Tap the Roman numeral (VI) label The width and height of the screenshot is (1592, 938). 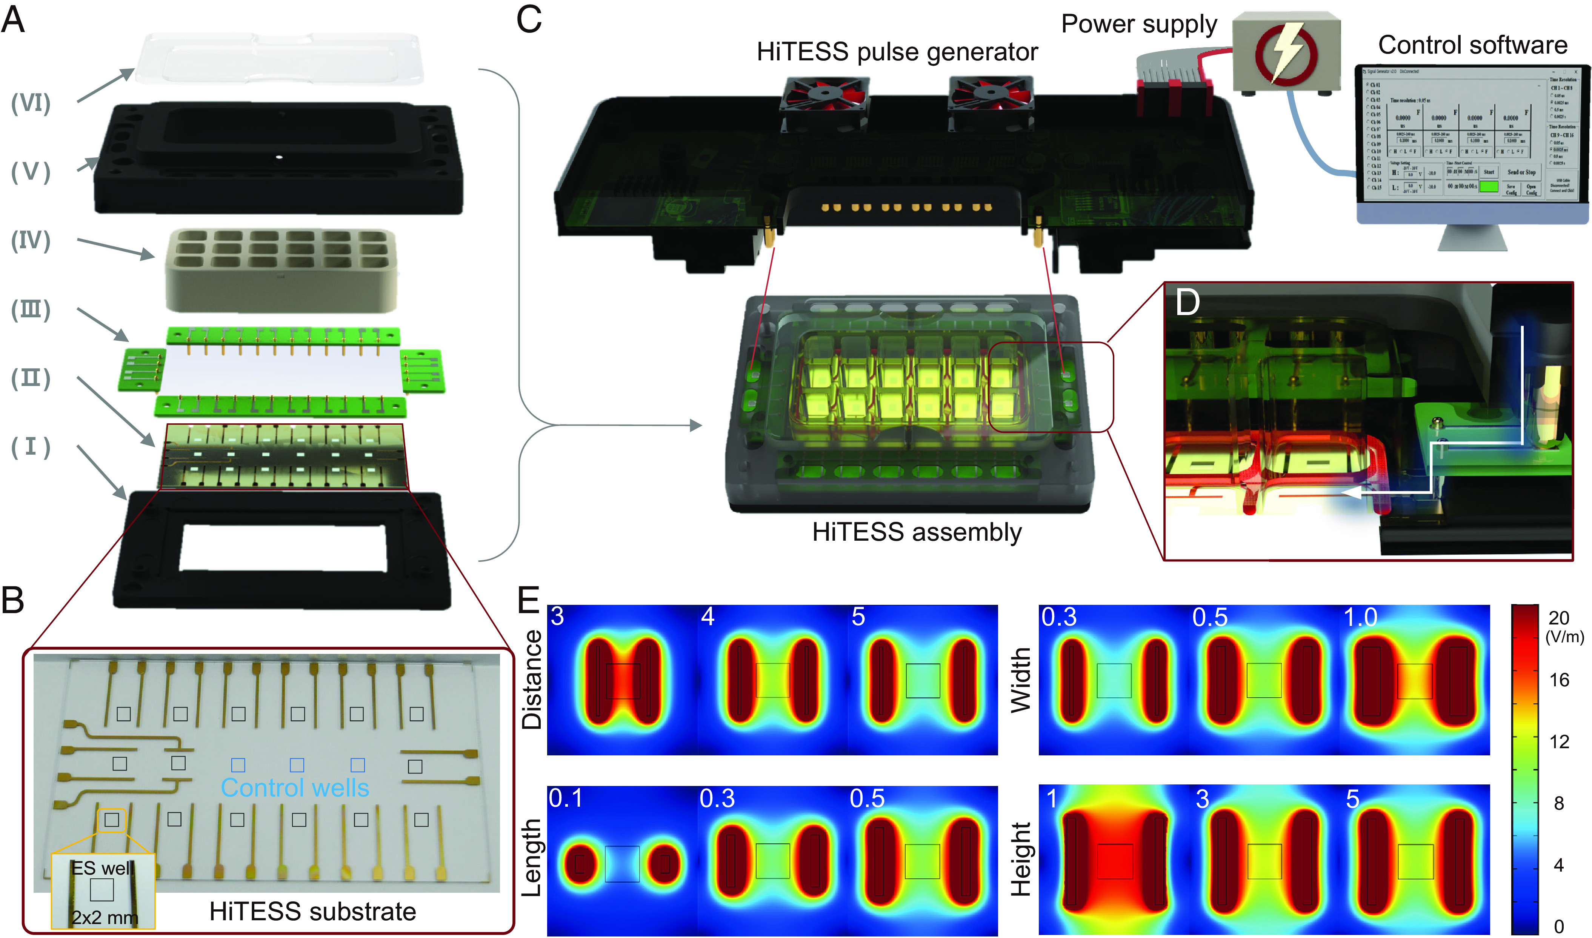pyautogui.click(x=30, y=102)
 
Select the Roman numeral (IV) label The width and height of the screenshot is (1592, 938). pyautogui.click(x=30, y=240)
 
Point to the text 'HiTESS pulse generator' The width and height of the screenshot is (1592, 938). pyautogui.click(x=897, y=52)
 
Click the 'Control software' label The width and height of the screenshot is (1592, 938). pyautogui.click(x=1472, y=45)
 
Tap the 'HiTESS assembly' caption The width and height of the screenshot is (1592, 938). pyautogui.click(x=917, y=532)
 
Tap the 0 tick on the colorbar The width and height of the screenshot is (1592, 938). pyautogui.click(x=1558, y=926)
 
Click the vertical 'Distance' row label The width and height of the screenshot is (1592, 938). pyautogui.click(x=532, y=680)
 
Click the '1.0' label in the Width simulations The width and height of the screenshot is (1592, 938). pyautogui.click(x=1360, y=618)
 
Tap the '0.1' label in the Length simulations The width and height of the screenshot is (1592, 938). pyautogui.click(x=566, y=798)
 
